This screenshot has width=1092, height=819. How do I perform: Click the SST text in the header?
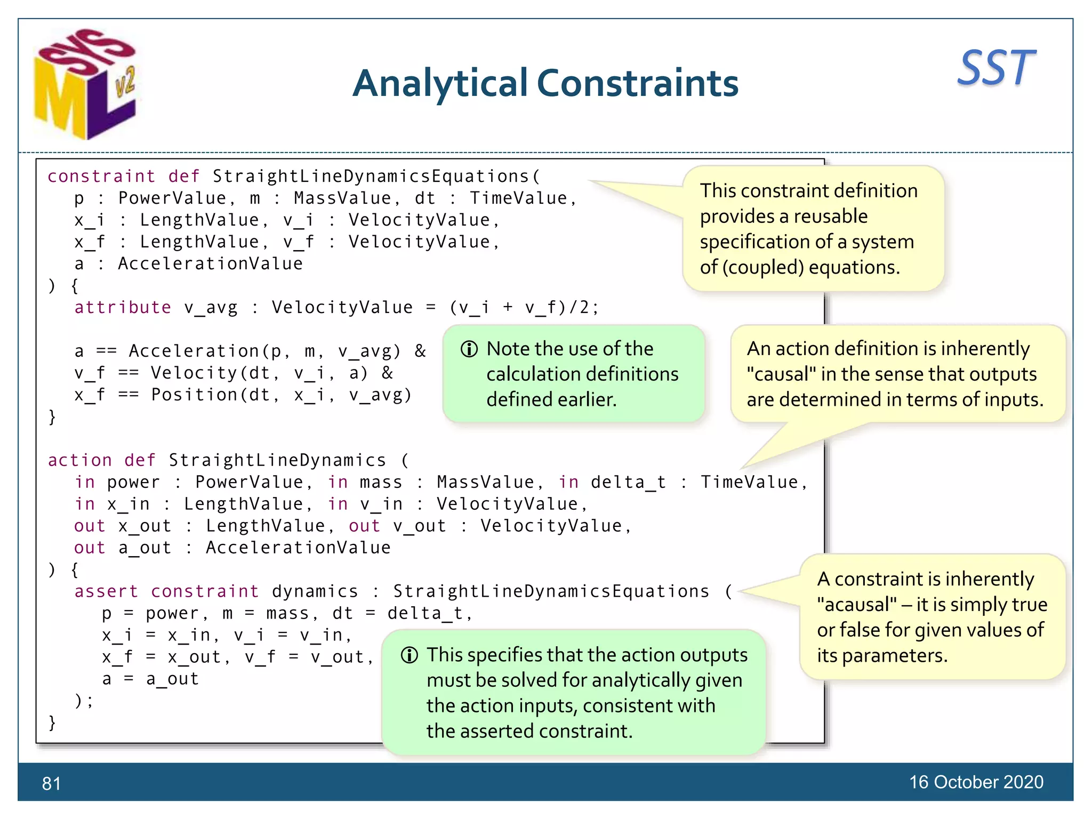[995, 68]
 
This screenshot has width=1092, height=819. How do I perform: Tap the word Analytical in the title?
[440, 84]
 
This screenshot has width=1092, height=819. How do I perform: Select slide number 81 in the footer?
[51, 783]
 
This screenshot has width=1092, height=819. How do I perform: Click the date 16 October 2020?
[976, 782]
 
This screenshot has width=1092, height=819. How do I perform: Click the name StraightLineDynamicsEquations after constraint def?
[371, 176]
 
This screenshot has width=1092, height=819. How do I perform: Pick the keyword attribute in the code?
[123, 307]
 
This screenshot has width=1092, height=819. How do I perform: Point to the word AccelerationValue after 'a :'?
[210, 263]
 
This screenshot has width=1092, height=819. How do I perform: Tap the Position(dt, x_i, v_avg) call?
[281, 395]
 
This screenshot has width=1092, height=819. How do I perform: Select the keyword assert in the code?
[106, 591]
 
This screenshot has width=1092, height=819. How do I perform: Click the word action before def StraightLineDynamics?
[80, 460]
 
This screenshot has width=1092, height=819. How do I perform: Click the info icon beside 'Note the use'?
[469, 349]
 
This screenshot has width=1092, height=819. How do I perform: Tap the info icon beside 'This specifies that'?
[409, 655]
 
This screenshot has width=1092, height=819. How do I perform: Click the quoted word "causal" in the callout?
[781, 374]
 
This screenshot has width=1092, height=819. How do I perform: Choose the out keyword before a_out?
[90, 548]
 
